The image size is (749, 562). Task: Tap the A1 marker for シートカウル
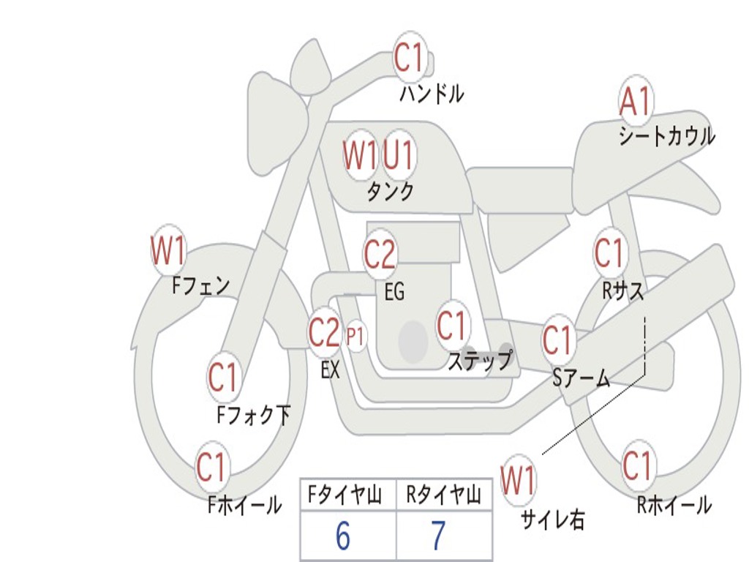[636, 102]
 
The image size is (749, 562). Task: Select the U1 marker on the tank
[399, 154]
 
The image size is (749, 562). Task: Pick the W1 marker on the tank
[361, 155]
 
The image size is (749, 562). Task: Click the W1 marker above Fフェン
[168, 251]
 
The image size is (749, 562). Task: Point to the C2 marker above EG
[380, 255]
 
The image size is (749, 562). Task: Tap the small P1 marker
[356, 337]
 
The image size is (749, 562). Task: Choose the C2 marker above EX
[325, 333]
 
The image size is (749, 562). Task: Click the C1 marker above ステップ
[451, 326]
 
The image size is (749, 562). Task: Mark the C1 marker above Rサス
[609, 253]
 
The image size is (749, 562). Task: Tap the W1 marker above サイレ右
[518, 481]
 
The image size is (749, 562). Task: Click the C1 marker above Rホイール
[637, 465]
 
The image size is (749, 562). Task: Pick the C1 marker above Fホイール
[211, 467]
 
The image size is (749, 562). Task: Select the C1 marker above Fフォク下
[223, 378]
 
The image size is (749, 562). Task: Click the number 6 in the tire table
[343, 536]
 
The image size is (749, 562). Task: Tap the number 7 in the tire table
[438, 536]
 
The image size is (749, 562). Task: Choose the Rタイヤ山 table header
[443, 496]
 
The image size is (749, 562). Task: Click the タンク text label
[391, 192]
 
